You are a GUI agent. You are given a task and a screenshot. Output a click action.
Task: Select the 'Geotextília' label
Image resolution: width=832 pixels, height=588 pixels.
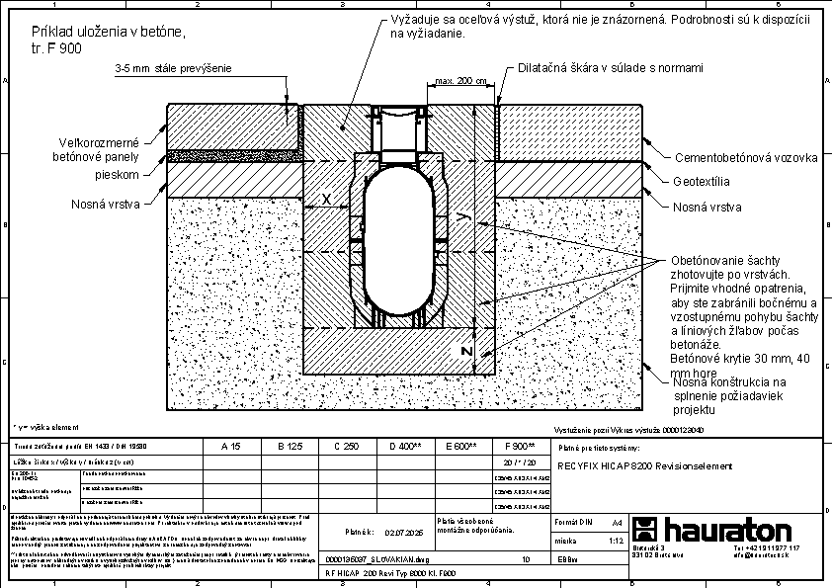[x=702, y=183]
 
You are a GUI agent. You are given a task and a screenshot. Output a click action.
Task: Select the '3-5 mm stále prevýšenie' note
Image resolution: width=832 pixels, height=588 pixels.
[x=173, y=69]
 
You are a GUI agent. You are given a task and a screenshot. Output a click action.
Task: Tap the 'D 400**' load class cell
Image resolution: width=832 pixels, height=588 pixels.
[x=405, y=447]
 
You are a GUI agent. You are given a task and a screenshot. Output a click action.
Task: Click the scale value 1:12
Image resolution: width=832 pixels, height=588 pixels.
[x=617, y=542]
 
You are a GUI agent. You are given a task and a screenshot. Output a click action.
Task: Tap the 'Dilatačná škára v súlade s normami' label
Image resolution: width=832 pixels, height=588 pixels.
[x=611, y=68]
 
